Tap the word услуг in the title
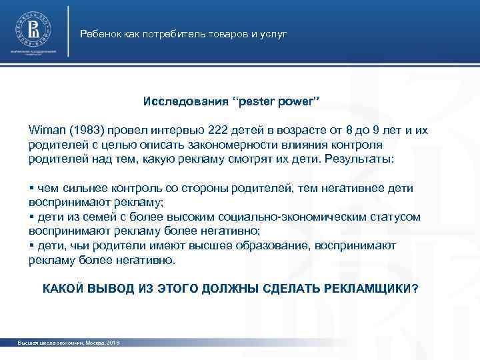tap(274, 33)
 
